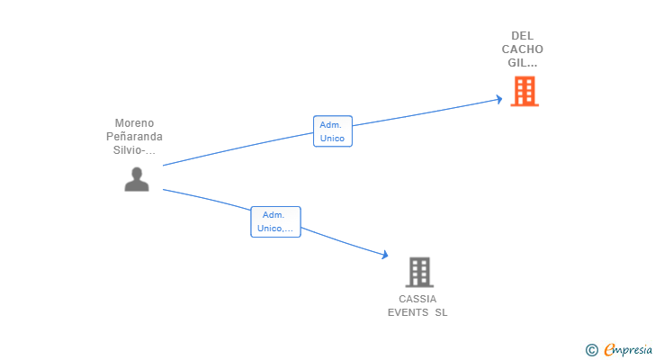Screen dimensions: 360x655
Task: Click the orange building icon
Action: click(x=525, y=91)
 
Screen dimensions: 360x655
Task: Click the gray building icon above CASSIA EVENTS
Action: click(x=418, y=272)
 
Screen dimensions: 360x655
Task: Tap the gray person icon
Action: click(x=137, y=179)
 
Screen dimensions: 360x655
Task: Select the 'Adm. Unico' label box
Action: click(x=332, y=131)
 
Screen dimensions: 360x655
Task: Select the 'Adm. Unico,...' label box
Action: click(x=274, y=221)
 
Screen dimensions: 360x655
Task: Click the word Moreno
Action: click(x=134, y=123)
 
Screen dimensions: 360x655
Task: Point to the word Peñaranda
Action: click(x=134, y=137)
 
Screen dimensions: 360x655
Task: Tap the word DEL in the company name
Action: click(x=522, y=36)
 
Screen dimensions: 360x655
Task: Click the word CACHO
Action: click(x=522, y=49)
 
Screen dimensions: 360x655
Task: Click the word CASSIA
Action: click(x=417, y=299)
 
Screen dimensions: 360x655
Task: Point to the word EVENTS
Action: click(x=408, y=312)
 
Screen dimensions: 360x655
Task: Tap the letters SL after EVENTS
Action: click(x=441, y=312)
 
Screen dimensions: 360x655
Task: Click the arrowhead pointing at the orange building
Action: click(x=498, y=99)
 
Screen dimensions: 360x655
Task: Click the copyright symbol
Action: click(x=591, y=349)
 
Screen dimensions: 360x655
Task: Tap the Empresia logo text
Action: click(x=628, y=349)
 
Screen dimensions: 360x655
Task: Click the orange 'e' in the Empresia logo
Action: click(x=609, y=349)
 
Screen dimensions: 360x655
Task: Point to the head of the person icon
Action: click(x=137, y=173)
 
